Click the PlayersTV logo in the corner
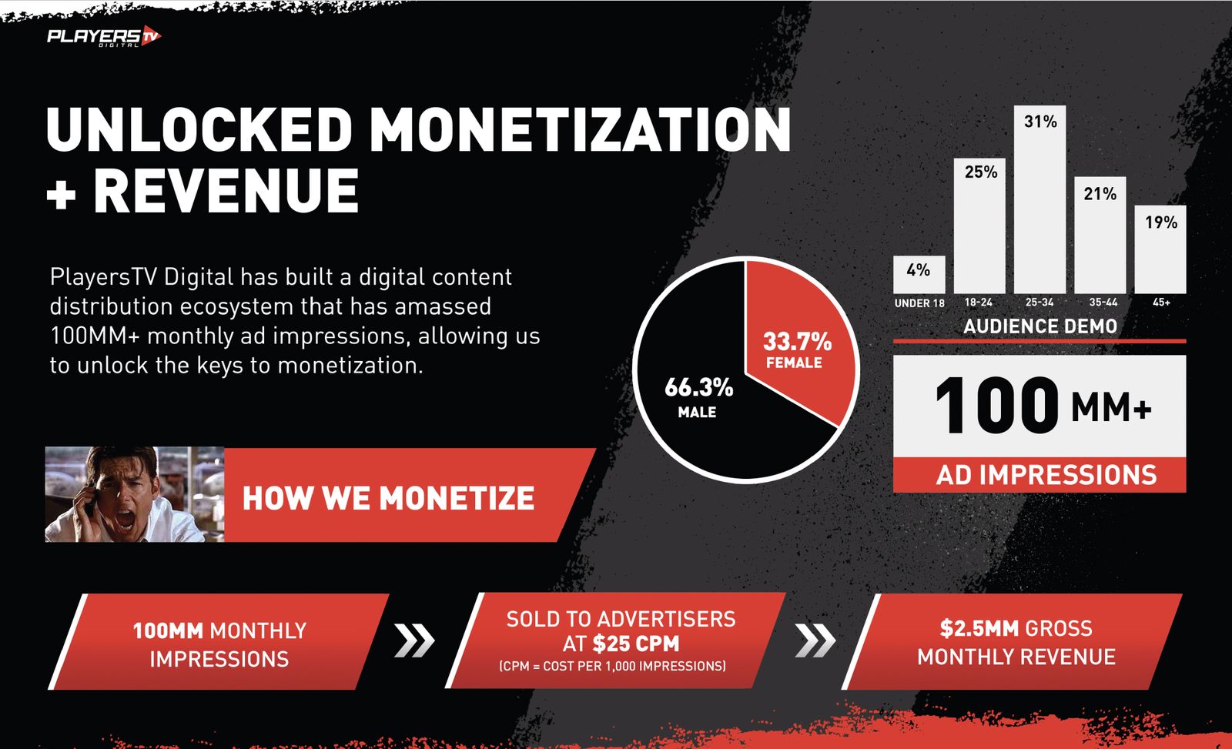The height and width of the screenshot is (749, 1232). point(104,37)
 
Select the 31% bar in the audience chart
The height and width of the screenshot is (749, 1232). point(1039,199)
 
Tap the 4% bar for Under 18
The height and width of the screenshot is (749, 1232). point(919,274)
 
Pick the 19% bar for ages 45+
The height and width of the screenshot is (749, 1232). point(1160,249)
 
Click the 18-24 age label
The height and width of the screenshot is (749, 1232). point(979,302)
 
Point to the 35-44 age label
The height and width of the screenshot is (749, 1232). point(1103,302)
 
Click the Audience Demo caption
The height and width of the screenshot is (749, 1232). point(1040,326)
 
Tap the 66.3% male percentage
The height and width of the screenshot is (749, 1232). point(698,387)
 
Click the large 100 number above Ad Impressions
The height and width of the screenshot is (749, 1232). point(996,406)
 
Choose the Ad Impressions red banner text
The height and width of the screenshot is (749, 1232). point(1046,475)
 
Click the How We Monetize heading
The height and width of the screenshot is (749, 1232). point(388,498)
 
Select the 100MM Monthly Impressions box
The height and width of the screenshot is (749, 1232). point(219,641)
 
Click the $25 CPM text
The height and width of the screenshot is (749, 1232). point(636,644)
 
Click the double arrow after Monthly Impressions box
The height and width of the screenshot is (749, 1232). point(415,640)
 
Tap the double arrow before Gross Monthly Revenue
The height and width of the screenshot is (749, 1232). point(815,640)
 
